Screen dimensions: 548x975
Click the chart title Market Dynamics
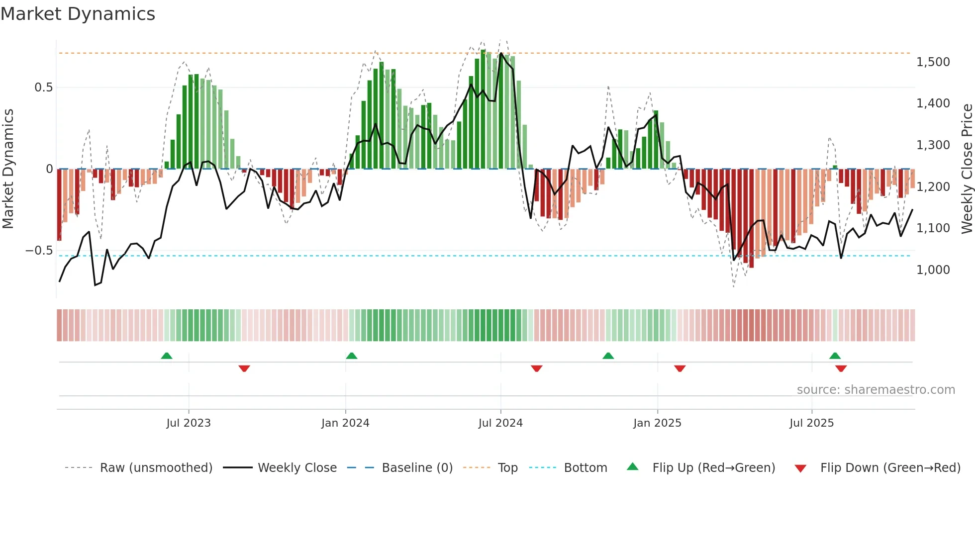click(x=78, y=14)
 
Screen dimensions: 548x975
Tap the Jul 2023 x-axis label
click(x=189, y=423)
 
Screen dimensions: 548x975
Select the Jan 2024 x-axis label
click(x=345, y=423)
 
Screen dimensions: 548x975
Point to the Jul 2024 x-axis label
click(x=500, y=423)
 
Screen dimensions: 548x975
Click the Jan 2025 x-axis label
click(x=657, y=423)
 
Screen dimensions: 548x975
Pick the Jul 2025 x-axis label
click(x=811, y=423)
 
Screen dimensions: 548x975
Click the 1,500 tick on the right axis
click(x=933, y=62)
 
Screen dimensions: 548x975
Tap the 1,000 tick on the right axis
click(x=933, y=270)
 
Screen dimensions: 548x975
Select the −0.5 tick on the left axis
click(x=39, y=251)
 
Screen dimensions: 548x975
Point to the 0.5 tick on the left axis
click(x=43, y=88)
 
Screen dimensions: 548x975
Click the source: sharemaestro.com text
click(x=876, y=390)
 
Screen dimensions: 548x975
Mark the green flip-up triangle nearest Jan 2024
click(x=352, y=356)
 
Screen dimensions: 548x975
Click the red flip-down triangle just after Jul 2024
click(x=536, y=368)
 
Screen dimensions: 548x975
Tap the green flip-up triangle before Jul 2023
click(x=167, y=356)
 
